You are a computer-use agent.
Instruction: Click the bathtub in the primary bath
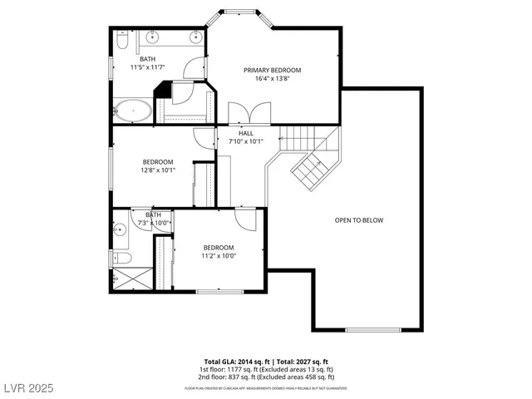132,111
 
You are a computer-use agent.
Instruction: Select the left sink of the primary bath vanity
153,37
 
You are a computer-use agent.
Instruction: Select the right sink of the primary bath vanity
197,37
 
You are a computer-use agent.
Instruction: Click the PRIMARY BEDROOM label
272,71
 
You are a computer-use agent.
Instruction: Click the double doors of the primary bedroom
249,115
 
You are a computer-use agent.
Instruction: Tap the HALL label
246,133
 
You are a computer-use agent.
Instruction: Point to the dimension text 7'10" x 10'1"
246,141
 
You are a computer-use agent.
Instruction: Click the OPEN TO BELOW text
359,220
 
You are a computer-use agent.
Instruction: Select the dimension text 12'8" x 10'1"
158,170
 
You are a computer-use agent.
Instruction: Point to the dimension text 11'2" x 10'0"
219,256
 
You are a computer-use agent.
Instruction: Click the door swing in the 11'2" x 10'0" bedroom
245,219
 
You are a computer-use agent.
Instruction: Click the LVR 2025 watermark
27,388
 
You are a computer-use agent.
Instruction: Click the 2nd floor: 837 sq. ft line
266,377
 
